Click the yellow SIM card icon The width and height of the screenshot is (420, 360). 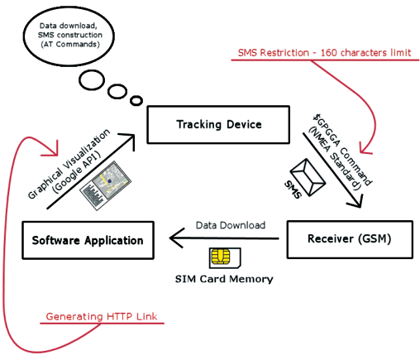pos(225,258)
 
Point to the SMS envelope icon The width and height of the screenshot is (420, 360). pos(308,177)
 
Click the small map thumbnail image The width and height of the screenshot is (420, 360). pos(105,185)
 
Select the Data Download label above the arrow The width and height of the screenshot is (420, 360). pos(231,225)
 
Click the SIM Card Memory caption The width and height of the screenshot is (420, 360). pos(224,279)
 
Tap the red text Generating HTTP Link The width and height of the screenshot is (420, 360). pos(102,316)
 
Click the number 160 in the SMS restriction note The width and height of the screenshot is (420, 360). pos(329,52)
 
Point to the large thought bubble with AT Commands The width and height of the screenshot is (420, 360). pos(69,36)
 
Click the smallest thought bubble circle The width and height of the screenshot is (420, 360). pos(136,100)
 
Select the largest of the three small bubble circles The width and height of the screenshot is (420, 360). pos(92,80)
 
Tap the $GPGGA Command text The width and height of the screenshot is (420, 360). pos(342,149)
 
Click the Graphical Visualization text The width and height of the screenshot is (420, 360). pos(69,164)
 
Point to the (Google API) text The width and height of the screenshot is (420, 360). pos(76,173)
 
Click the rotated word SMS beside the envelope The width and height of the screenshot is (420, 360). pos(293,190)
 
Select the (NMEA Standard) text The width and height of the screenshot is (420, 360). pos(334,159)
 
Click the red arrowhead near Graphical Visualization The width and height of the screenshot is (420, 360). pos(52,150)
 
